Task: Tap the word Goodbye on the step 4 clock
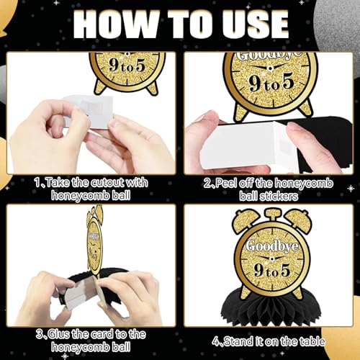click(272, 246)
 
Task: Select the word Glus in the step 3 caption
click(59, 334)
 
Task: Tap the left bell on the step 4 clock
click(246, 219)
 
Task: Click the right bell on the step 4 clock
click(298, 219)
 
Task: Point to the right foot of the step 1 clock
click(153, 88)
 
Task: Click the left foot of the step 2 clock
click(240, 113)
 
